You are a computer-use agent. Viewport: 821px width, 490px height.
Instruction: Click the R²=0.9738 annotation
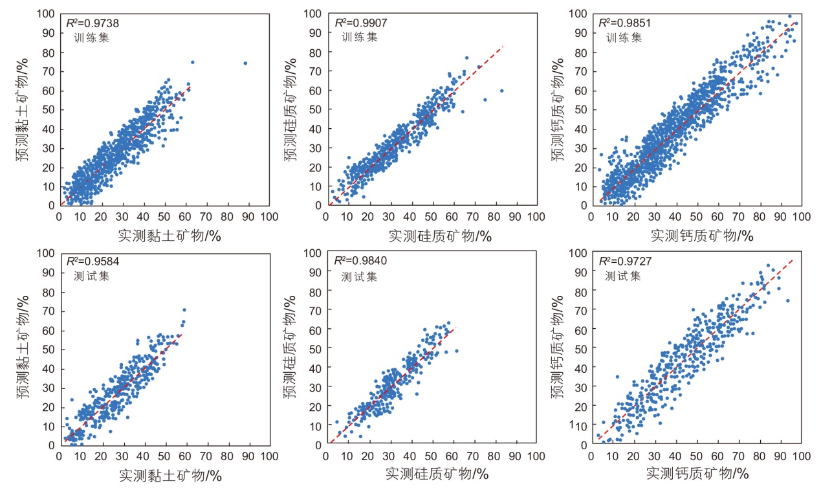tap(93, 23)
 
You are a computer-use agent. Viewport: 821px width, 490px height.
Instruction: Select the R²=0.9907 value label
tap(360, 23)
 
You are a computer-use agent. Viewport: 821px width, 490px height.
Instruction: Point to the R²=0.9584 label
tap(93, 262)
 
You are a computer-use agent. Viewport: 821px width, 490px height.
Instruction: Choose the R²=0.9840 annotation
tap(360, 262)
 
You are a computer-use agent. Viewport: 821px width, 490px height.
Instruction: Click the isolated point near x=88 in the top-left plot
tap(245, 63)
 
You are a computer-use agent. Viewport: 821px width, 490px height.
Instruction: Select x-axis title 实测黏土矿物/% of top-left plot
tap(170, 236)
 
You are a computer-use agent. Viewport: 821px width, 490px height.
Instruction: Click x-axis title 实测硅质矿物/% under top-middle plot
tap(440, 236)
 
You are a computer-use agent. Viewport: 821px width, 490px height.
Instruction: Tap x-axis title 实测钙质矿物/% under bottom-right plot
tap(697, 474)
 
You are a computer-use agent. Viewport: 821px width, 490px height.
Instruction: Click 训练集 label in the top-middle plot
tap(359, 37)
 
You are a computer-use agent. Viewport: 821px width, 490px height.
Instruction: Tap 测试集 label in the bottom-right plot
tap(622, 276)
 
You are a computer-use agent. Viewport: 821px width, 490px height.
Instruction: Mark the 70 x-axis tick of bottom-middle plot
tap(474, 456)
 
